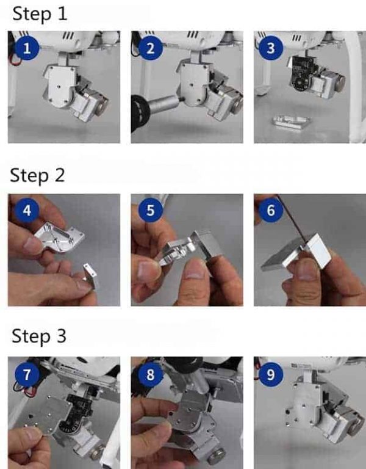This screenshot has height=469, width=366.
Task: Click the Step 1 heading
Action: click(x=40, y=14)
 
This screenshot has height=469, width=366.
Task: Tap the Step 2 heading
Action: click(x=37, y=175)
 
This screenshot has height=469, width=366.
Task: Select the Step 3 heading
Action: click(x=39, y=336)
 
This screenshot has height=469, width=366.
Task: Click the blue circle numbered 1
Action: click(x=27, y=48)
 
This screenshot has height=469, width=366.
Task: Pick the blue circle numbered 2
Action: click(x=150, y=48)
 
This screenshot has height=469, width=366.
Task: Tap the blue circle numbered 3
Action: click(x=271, y=48)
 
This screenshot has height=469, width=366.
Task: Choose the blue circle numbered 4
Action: click(x=27, y=210)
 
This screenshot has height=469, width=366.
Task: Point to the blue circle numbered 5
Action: click(x=150, y=210)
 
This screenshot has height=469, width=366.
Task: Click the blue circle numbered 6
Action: click(x=271, y=210)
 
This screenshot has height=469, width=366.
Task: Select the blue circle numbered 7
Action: click(x=27, y=374)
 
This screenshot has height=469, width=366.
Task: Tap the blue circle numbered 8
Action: click(x=150, y=374)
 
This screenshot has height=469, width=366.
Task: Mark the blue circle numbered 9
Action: click(x=271, y=374)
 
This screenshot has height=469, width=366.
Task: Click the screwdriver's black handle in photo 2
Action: click(x=140, y=114)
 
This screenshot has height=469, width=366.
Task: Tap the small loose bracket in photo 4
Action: click(x=90, y=275)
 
